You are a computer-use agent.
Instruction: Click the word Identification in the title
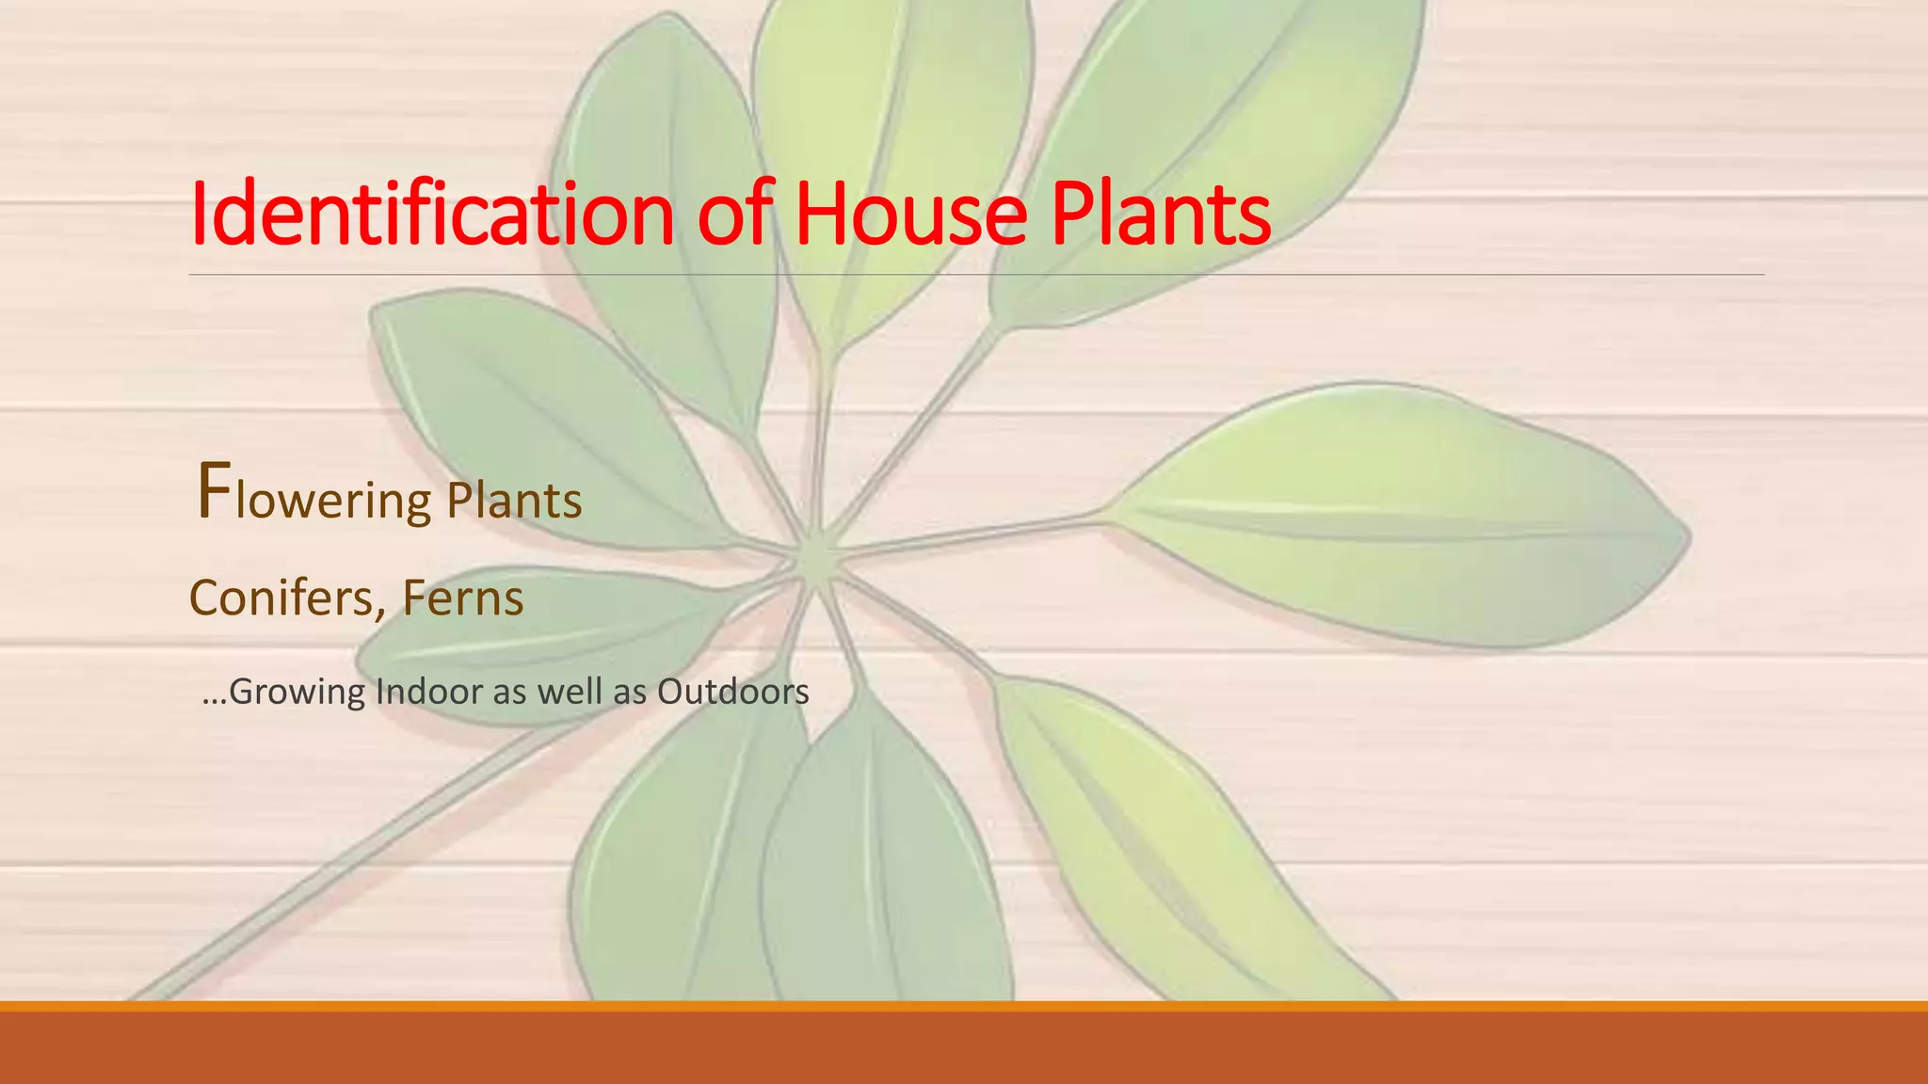(x=432, y=215)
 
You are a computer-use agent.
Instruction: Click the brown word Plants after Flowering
(x=514, y=501)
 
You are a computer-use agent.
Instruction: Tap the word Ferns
(x=462, y=598)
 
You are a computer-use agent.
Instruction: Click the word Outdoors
(x=732, y=692)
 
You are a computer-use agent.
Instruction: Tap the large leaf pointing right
(x=1393, y=518)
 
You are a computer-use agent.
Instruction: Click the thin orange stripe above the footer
(x=964, y=1006)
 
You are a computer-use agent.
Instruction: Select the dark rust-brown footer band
(x=964, y=1049)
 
